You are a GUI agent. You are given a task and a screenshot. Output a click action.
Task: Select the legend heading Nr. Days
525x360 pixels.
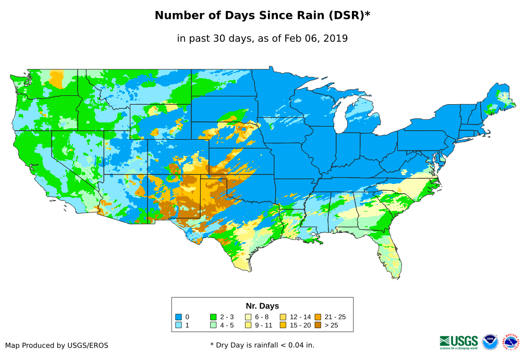[262, 306]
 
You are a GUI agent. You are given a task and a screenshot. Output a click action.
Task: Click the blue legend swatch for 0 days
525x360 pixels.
[178, 317]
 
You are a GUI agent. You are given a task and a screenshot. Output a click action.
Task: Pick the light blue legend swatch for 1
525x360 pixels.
[178, 325]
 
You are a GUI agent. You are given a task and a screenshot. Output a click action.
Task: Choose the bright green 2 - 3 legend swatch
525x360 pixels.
[213, 317]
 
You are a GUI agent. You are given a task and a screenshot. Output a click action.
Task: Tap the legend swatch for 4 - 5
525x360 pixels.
[213, 325]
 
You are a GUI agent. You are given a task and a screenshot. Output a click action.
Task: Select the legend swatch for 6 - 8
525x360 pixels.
[248, 317]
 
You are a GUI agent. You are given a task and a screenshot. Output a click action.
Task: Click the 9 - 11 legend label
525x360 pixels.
[264, 325]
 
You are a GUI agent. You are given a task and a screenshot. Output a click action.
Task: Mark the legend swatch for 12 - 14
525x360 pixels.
[283, 317]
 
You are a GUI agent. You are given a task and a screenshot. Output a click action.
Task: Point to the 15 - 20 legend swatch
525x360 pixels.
[283, 325]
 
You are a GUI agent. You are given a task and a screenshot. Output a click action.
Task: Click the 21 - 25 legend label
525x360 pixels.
[335, 317]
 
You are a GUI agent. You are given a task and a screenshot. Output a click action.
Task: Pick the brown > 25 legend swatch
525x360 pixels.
[318, 325]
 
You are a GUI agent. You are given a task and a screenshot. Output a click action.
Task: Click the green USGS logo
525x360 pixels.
[459, 342]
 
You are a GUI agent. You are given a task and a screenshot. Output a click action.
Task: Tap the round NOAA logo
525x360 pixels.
[490, 342]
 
